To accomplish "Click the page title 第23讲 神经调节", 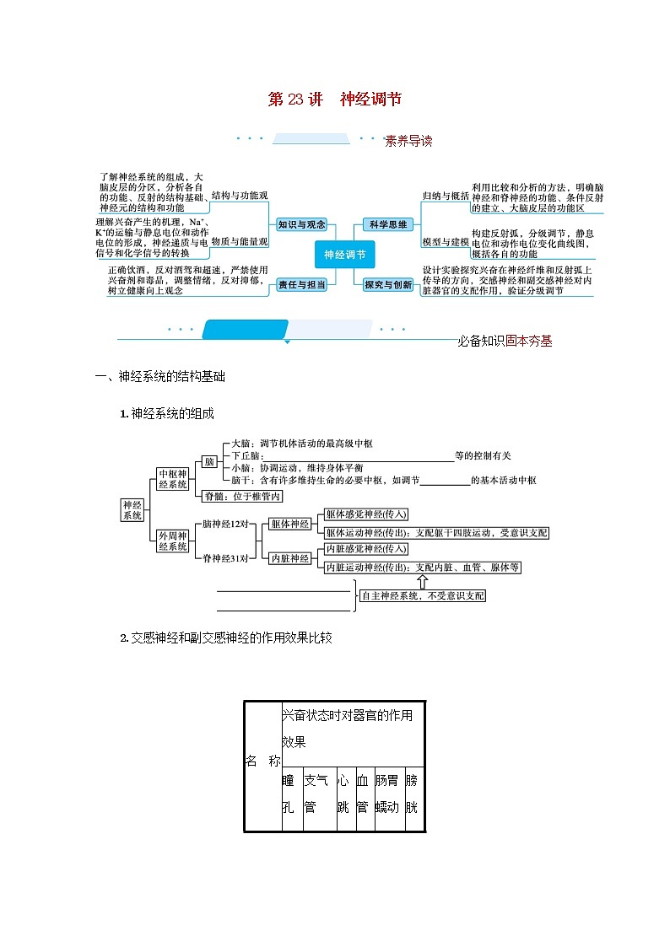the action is [334, 100].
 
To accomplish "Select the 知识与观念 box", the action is [301, 224].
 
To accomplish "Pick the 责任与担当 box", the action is [302, 285].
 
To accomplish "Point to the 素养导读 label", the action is [408, 141].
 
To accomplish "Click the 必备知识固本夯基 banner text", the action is [505, 342].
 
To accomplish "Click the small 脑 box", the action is [208, 461].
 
